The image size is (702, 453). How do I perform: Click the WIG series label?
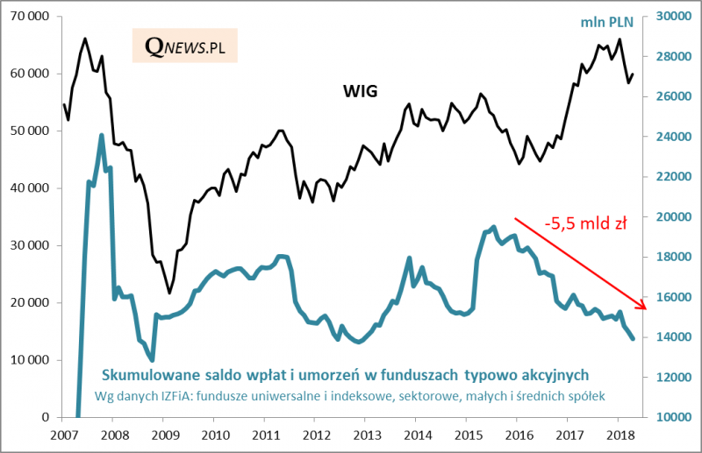coord(359,90)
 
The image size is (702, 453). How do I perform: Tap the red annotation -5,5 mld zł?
coord(585,223)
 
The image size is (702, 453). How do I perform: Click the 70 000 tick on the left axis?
coord(32,17)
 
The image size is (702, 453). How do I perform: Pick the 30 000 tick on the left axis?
coord(32,245)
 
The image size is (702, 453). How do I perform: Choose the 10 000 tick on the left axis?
coord(32,360)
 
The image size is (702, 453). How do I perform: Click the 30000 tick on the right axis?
coord(672,17)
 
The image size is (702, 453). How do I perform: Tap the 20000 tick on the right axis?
coord(672,216)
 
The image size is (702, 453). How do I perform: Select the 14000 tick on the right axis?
coord(672,337)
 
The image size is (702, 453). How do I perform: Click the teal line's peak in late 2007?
coord(101,136)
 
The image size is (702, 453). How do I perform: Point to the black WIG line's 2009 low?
coord(169,293)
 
